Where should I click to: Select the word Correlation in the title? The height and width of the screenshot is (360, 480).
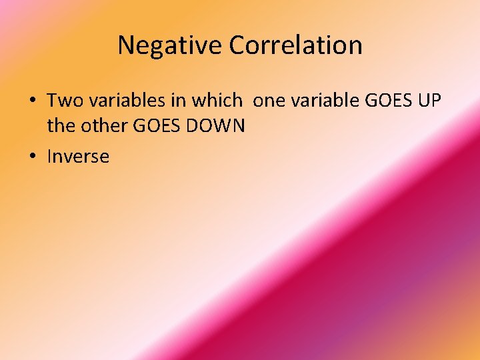point(295,45)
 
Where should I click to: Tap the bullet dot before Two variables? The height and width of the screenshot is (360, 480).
point(32,101)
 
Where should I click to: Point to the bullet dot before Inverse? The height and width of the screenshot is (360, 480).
point(32,157)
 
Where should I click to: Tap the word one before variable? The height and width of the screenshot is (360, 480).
point(269,101)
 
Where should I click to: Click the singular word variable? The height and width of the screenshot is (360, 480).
point(325,101)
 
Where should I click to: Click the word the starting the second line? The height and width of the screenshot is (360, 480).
point(59,125)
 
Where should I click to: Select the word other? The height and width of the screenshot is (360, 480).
point(95,125)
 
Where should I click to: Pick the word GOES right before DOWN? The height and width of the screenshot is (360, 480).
point(149,125)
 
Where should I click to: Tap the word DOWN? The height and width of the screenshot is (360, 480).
point(211,125)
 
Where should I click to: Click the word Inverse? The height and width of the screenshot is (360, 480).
point(78,157)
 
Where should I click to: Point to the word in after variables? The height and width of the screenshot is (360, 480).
point(179,101)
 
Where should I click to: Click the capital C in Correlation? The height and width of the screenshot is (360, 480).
point(238,45)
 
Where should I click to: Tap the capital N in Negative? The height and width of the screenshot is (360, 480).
point(125,45)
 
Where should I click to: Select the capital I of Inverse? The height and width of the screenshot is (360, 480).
point(49,157)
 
